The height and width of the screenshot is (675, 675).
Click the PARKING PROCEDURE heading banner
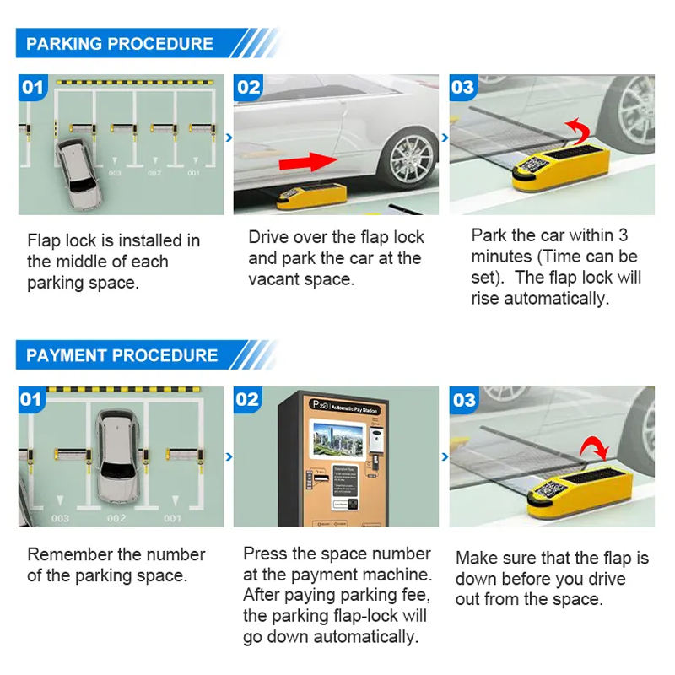point(120,44)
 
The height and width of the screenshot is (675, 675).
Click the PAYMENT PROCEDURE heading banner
point(121,355)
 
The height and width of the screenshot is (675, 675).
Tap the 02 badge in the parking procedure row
point(249,87)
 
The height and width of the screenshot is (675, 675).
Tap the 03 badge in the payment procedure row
point(464,399)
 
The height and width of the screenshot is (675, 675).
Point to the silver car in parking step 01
point(77,172)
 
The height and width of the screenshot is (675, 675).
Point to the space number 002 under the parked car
point(116,518)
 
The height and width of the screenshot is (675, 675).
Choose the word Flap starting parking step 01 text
point(44,241)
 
